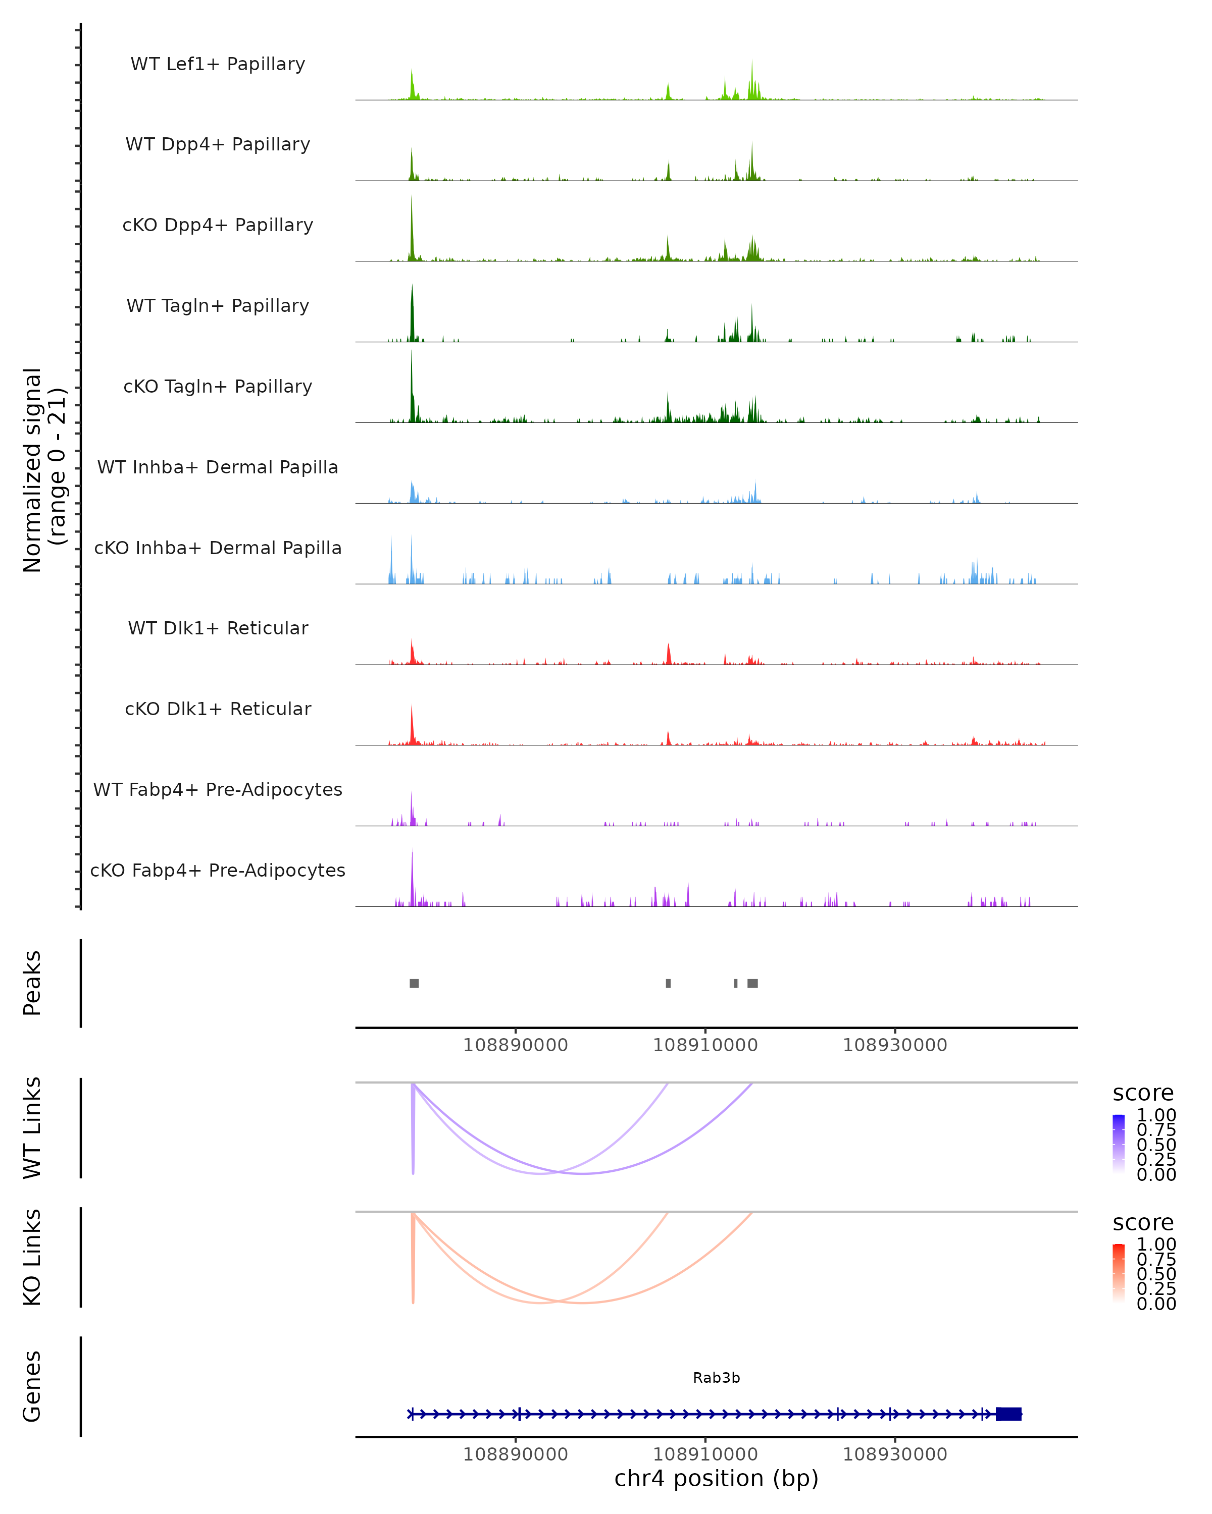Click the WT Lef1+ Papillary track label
(x=218, y=64)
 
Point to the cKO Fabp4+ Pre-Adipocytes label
(x=218, y=870)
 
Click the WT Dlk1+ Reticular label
(x=218, y=628)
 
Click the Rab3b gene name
(x=716, y=1378)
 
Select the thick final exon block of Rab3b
(x=1008, y=1414)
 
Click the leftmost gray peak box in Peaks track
(x=415, y=983)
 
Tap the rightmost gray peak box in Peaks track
(x=752, y=983)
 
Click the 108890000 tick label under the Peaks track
(x=515, y=1045)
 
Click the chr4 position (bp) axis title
(x=716, y=1478)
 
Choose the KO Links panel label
(x=32, y=1257)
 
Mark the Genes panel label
(x=32, y=1386)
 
